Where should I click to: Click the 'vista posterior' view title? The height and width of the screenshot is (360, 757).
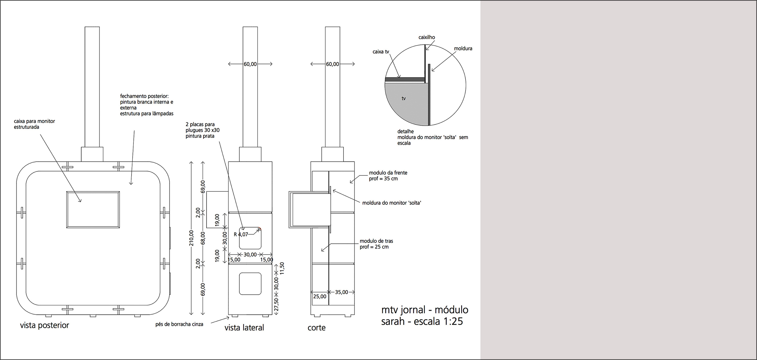coord(44,325)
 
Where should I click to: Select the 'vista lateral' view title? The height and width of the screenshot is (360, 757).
coord(244,328)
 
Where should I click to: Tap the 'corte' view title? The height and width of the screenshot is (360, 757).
coord(316,328)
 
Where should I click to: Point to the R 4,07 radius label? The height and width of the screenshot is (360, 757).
coord(241,234)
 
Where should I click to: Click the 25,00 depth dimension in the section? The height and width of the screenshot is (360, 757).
coord(320,297)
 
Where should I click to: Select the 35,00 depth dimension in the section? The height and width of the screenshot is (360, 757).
coord(342,292)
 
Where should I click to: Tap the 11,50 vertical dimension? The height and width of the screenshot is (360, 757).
coord(282,269)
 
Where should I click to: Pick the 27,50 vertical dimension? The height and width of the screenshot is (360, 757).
coord(277,304)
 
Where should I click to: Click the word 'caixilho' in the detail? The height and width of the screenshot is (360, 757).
coord(426,37)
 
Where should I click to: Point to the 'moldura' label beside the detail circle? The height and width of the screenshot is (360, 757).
coord(463,49)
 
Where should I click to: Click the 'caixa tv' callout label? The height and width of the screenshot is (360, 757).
coord(381,52)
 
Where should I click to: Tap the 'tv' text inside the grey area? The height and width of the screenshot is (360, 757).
coord(404,98)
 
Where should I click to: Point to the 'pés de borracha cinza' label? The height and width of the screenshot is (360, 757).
coord(179,324)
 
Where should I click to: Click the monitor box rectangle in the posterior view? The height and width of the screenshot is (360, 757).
coord(93,209)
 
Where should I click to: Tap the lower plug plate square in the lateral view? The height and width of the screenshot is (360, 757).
coord(250,284)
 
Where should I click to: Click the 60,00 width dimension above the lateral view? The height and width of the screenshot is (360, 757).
coord(250,64)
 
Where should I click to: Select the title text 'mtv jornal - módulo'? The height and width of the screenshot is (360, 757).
coord(425,310)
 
